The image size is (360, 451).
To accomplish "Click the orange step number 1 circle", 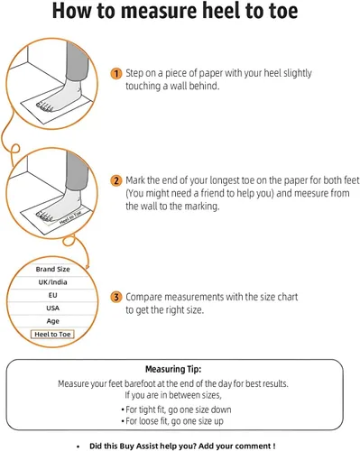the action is click(x=116, y=73).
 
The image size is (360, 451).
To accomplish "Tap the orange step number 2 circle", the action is click(x=116, y=180).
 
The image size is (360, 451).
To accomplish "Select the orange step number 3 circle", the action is click(x=116, y=297).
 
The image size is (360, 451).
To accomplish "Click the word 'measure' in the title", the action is click(x=159, y=11).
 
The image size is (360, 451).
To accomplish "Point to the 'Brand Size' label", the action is click(x=52, y=269).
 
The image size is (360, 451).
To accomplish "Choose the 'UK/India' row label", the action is click(x=52, y=282).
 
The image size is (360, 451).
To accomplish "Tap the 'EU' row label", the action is click(x=52, y=295).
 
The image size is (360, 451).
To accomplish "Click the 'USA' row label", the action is click(x=52, y=308).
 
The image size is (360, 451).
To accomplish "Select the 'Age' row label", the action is click(x=52, y=321).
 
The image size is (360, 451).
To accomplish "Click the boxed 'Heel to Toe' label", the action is click(x=52, y=335).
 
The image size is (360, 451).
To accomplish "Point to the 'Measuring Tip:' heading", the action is click(x=173, y=369).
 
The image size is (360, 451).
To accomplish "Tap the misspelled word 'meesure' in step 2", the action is click(x=311, y=193).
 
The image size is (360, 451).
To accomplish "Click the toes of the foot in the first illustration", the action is click(x=44, y=106).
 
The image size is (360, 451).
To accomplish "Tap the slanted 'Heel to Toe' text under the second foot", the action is click(x=70, y=217).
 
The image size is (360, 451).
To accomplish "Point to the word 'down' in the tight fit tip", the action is click(x=221, y=410).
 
